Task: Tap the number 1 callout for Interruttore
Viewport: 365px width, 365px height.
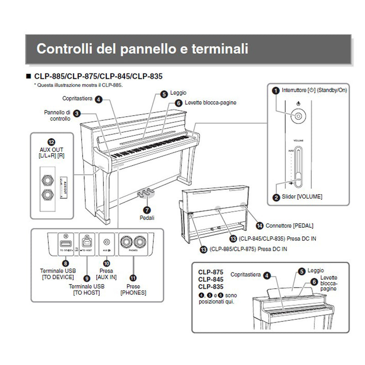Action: pos(275,90)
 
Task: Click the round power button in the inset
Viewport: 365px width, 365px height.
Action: pos(297,116)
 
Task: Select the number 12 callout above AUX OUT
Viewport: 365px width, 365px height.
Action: pos(51,141)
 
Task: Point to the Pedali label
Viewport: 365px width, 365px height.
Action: pos(147,218)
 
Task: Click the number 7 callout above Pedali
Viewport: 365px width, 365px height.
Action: pos(147,210)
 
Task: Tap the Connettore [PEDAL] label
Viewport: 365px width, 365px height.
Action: pos(291,226)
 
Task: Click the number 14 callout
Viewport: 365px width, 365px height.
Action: pos(260,225)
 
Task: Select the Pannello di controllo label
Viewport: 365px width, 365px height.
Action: pos(57,115)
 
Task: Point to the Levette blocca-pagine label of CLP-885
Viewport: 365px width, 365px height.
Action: pos(210,103)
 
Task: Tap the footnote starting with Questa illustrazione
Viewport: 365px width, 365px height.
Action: pos(78,85)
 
